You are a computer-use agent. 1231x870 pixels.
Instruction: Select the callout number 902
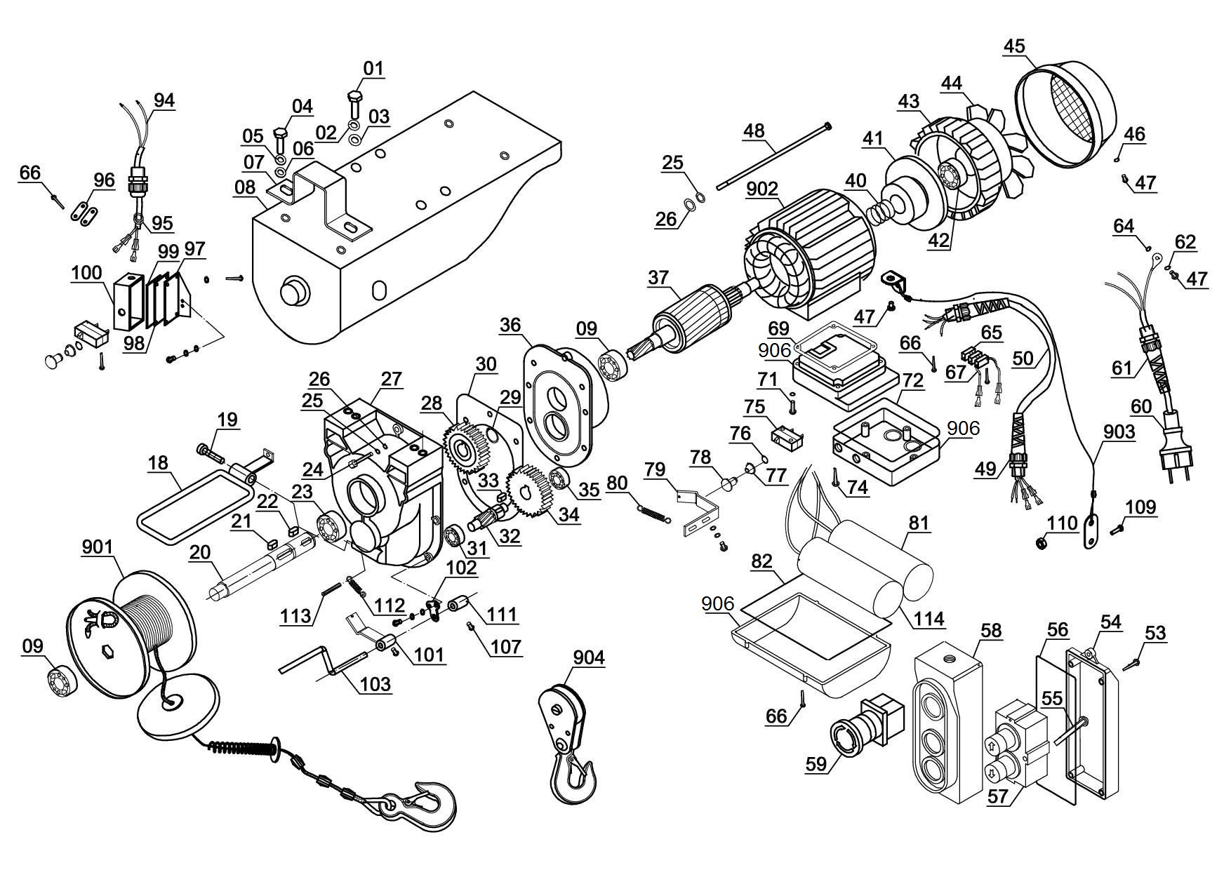click(763, 189)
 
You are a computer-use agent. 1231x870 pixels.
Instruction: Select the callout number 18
click(159, 462)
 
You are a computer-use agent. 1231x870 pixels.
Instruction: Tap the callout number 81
click(919, 523)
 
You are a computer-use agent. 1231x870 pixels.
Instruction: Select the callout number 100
click(86, 273)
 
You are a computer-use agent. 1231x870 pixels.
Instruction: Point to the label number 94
click(164, 100)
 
